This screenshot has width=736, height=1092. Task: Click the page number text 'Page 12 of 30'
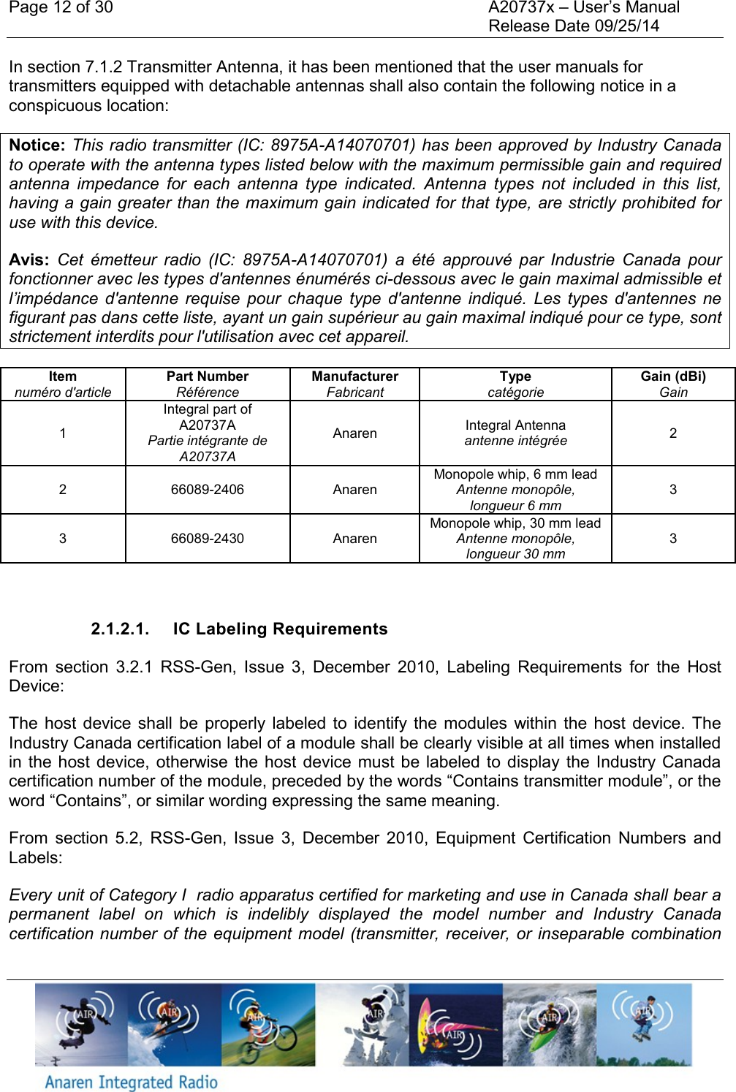tap(61, 8)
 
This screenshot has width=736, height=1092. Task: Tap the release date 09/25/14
tap(626, 26)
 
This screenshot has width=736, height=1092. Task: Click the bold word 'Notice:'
tap(37, 145)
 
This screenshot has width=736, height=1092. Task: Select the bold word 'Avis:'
tap(29, 260)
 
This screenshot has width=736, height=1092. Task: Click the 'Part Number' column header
tap(208, 376)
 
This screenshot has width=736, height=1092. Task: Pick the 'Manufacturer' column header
tap(354, 376)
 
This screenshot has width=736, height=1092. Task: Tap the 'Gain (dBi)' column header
tap(673, 376)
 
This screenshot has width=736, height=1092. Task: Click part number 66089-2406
tap(208, 490)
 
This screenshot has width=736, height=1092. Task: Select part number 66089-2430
tap(208, 539)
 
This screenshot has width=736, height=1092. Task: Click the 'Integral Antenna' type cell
tap(515, 425)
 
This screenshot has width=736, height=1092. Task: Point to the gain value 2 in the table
tap(673, 433)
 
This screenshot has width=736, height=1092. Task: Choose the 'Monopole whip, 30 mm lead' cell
tap(515, 523)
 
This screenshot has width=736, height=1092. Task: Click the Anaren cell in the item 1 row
tap(354, 433)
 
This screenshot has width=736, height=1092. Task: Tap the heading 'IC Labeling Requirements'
tap(280, 629)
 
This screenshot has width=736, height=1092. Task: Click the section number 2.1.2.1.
tap(120, 629)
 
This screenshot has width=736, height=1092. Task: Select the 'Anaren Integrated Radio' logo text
tap(132, 1082)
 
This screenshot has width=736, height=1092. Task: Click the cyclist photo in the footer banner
tap(268, 1025)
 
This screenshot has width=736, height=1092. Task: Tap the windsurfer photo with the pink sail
tap(455, 1025)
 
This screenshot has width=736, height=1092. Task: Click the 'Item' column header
tap(63, 376)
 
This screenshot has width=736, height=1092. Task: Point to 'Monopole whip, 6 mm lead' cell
tap(515, 474)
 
